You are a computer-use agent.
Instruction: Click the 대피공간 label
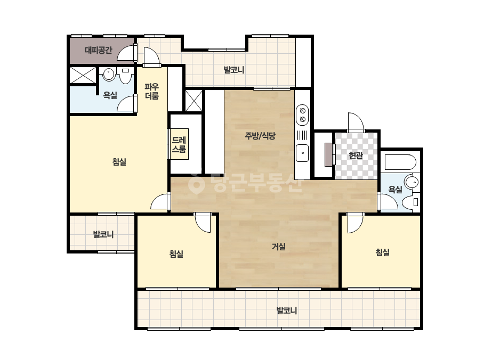pos(99,50)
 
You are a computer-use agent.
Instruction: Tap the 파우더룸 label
pos(152,91)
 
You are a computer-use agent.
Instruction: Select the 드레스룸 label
pos(179,144)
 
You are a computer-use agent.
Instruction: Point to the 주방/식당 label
pos(260,136)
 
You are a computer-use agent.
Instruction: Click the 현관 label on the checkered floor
pos(356,155)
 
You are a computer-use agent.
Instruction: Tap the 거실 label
pos(279,247)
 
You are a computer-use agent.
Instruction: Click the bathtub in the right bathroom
pos(400,162)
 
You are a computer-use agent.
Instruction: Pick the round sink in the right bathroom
pos(412,182)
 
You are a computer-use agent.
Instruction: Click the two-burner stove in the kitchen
pos(302,115)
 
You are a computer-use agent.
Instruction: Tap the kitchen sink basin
pos(302,153)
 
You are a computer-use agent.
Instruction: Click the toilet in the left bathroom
pos(126,76)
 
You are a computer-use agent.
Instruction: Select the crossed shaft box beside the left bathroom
pos(83,75)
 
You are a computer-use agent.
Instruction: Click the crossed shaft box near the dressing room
pos(194,101)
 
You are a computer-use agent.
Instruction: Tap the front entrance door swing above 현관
pos(355,121)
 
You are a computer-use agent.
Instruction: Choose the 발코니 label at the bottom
pos(286,311)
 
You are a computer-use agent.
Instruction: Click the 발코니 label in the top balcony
pos(234,70)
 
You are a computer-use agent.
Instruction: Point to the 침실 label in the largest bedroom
pos(119,162)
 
